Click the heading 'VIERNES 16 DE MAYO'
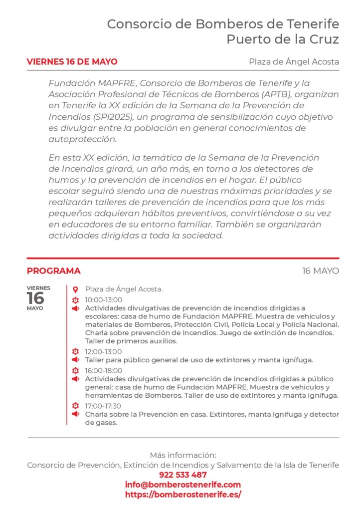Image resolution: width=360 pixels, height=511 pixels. [72, 62]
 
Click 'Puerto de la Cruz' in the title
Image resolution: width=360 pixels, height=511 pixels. [283, 39]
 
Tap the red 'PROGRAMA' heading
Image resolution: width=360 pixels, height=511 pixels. [53, 271]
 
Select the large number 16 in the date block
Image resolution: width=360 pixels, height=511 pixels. [36, 298]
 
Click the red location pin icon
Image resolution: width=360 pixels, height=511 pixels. [75, 289]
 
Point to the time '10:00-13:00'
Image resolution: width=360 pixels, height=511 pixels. [103, 300]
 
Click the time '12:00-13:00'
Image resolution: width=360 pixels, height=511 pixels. [103, 352]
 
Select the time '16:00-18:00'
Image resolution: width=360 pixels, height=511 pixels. [103, 371]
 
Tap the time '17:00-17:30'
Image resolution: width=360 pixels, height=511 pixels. [103, 406]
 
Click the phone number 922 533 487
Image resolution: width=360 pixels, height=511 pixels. [183, 475]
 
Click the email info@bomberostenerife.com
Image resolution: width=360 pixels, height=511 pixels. [183, 485]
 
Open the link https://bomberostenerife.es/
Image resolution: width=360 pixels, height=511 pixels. [183, 495]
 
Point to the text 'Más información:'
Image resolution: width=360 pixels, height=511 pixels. [183, 455]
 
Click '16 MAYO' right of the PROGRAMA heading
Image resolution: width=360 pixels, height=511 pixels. [320, 271]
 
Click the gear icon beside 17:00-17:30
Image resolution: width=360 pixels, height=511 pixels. [75, 406]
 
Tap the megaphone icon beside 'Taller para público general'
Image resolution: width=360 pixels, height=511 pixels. [75, 360]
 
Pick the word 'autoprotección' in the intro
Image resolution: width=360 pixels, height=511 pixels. [82, 139]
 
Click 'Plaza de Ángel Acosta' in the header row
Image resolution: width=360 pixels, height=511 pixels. [294, 62]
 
